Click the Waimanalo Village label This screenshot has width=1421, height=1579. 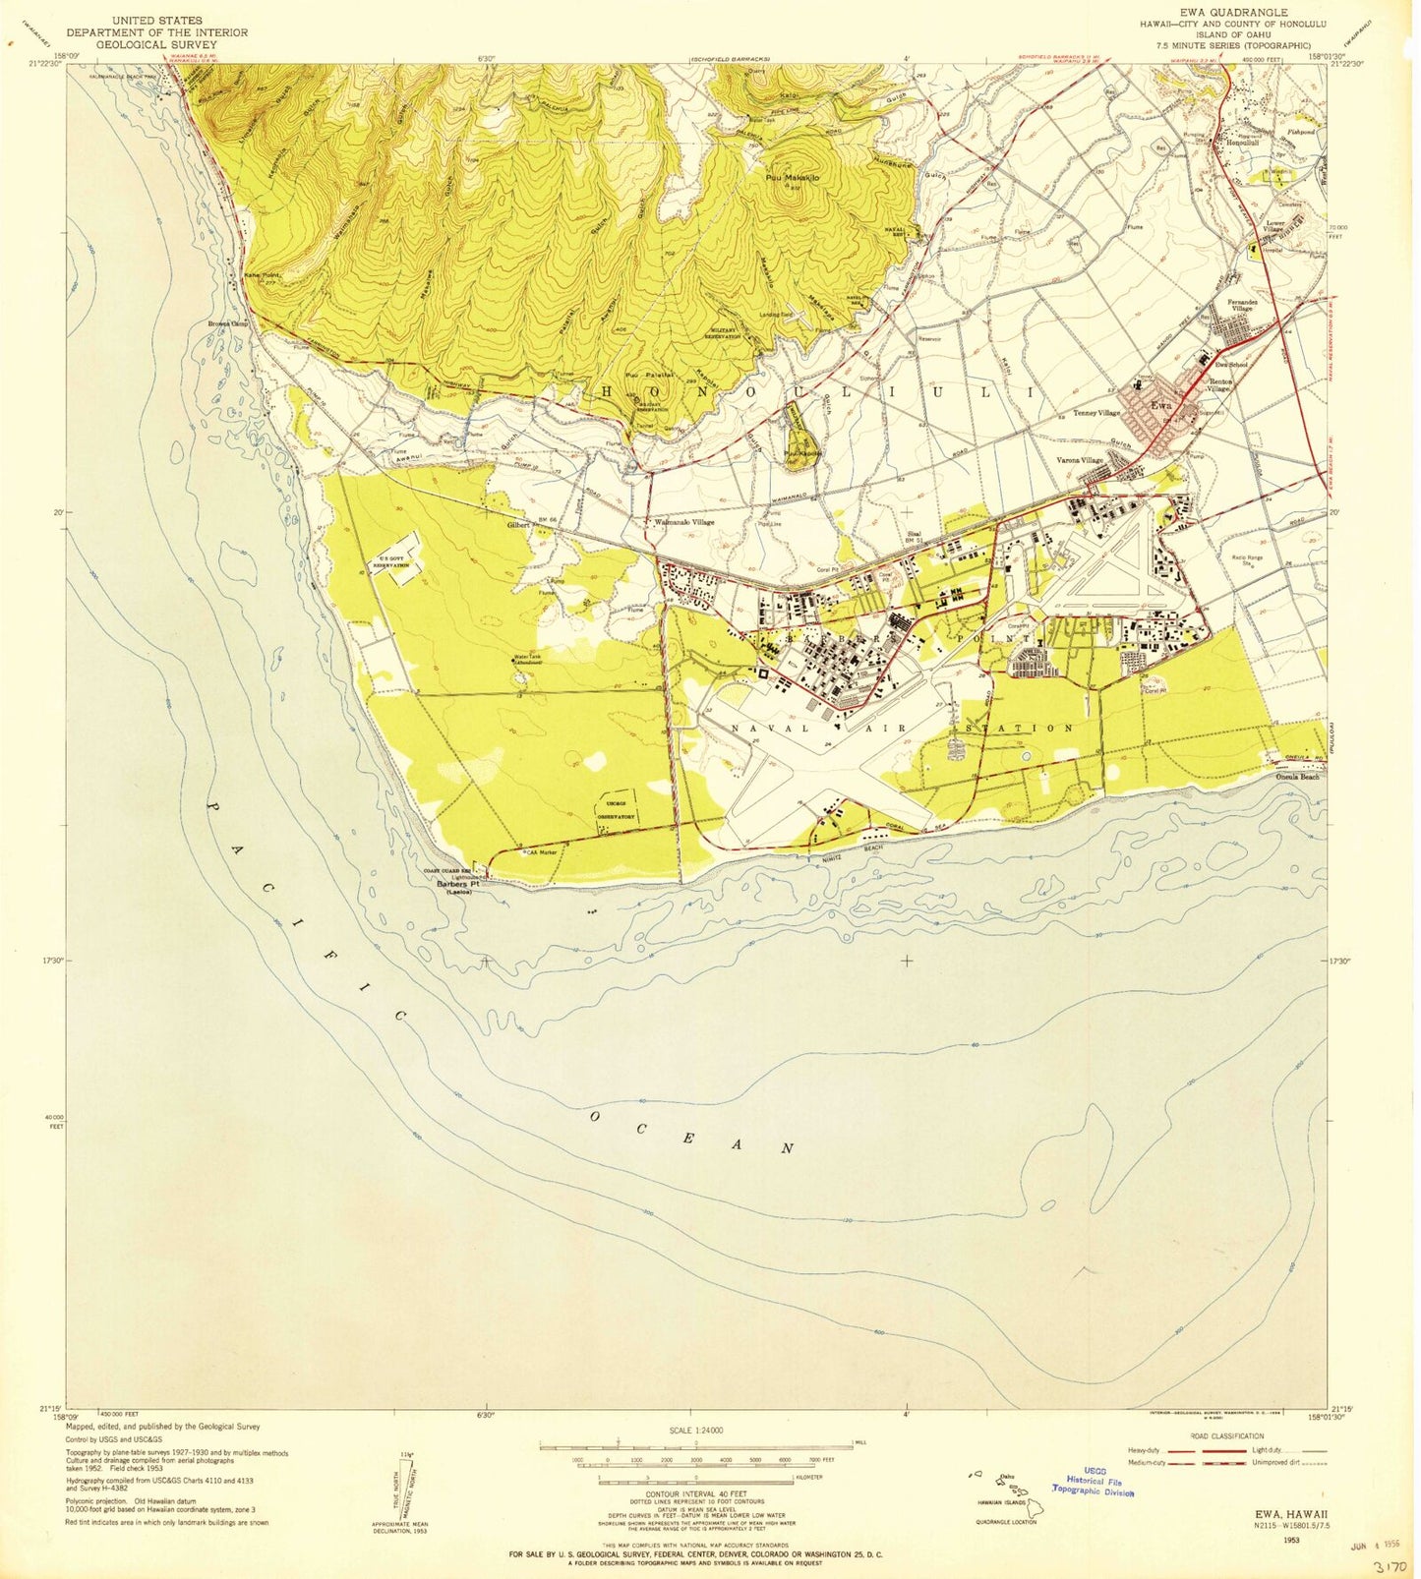click(x=685, y=523)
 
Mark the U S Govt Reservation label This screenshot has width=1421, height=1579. click(x=390, y=562)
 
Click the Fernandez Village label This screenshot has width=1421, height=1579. click(x=1241, y=305)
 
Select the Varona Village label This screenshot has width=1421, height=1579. click(x=1080, y=460)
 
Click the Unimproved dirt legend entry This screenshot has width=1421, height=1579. click(x=1288, y=1462)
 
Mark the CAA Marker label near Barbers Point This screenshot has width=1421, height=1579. click(x=541, y=852)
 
